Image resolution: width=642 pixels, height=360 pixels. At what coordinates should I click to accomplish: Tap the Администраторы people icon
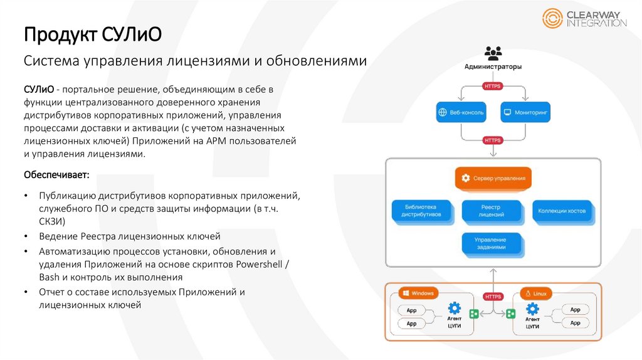493,53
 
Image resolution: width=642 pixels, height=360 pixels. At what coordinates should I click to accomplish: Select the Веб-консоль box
461,112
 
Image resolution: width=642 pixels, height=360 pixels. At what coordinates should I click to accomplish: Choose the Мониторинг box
525,112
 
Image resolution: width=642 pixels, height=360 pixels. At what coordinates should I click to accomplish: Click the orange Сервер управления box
493,178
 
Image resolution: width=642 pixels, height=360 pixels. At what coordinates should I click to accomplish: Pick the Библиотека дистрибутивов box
419,211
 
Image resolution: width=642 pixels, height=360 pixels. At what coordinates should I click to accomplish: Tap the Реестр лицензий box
492,211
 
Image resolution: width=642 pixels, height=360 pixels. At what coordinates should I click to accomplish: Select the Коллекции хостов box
562,211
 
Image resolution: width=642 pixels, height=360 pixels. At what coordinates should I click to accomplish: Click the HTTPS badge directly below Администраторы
493,86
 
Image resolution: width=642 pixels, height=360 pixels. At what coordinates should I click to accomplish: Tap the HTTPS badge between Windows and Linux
493,296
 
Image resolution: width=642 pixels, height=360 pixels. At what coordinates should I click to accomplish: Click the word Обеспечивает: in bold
56,173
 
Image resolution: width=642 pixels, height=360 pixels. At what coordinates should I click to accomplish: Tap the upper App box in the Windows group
411,310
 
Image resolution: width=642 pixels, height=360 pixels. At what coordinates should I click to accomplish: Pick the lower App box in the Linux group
576,322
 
